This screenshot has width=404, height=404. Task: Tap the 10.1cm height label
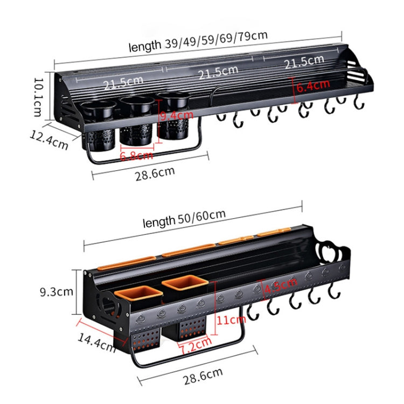tap(38, 96)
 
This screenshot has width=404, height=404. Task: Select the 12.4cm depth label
tap(49, 141)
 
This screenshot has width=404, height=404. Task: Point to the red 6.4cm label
tap(312, 85)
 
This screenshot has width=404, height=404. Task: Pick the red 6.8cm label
tap(136, 156)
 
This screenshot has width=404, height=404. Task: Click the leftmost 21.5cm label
tap(123, 85)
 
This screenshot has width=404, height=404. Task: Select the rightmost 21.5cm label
tap(304, 63)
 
